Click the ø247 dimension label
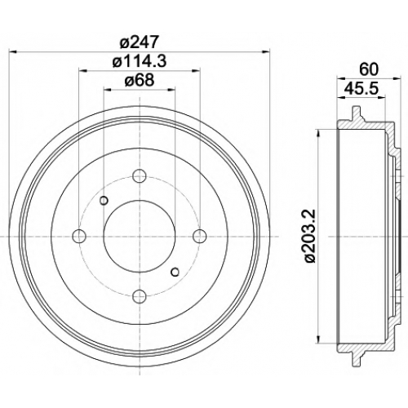[x=139, y=42]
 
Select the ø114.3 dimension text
[x=140, y=62]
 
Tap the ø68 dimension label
[x=140, y=81]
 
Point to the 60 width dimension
[x=369, y=69]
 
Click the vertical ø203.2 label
[x=310, y=236]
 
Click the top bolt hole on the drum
[x=140, y=176]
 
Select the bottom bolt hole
[x=140, y=296]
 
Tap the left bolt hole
[x=79, y=236]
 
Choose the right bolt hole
[x=199, y=236]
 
